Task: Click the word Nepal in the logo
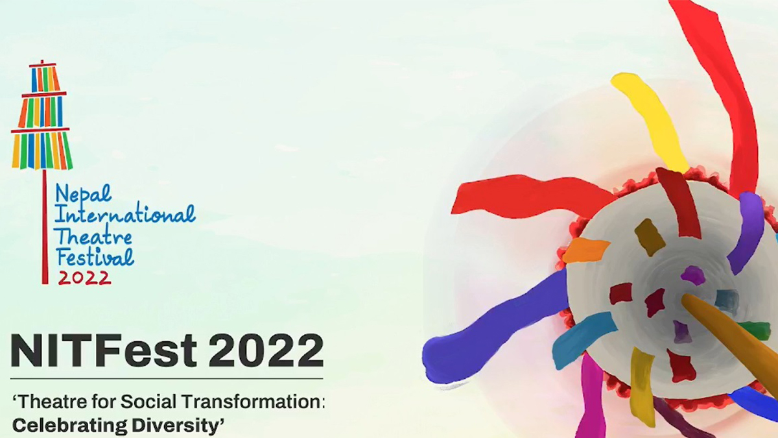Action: point(84,194)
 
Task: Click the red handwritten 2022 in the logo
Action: point(84,278)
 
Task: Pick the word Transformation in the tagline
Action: point(253,402)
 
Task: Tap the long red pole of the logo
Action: point(45,226)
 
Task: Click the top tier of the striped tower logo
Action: point(43,79)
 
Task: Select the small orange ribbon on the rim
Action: point(585,250)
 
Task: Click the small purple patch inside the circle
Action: point(693,275)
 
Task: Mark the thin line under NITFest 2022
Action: point(167,378)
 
